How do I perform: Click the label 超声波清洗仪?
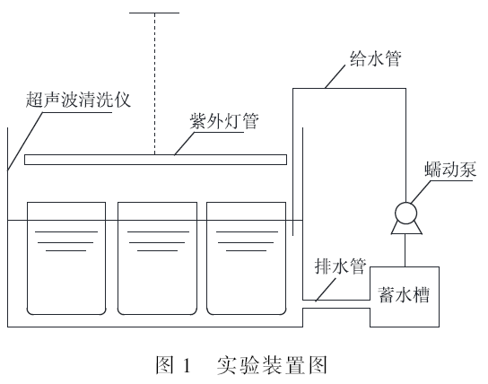(x=78, y=100)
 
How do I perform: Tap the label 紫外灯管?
(x=224, y=121)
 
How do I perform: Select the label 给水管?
(x=376, y=58)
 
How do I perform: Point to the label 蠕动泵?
(x=450, y=170)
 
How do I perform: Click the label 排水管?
(x=340, y=266)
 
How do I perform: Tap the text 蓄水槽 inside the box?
(x=404, y=294)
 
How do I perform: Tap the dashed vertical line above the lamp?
(x=154, y=83)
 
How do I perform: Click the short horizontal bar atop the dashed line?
(x=154, y=13)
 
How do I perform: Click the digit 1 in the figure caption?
(x=187, y=365)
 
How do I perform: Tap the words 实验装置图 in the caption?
(x=272, y=364)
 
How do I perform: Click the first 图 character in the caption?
(x=164, y=364)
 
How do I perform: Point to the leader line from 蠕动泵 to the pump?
(x=421, y=192)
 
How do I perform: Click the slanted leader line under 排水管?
(x=326, y=290)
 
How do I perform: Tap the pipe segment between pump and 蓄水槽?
(x=405, y=250)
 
